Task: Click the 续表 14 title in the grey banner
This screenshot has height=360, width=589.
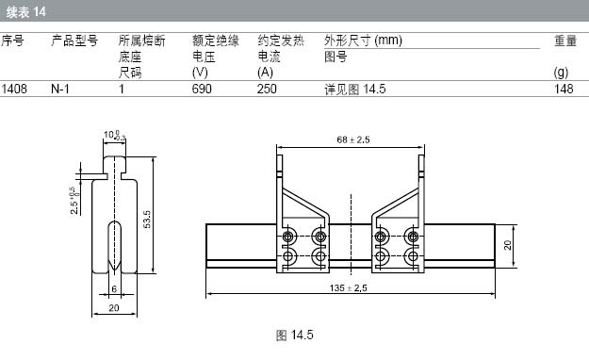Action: pyautogui.click(x=25, y=12)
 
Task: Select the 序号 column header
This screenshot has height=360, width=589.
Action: pyautogui.click(x=12, y=41)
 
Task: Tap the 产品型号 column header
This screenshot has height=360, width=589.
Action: pyautogui.click(x=74, y=41)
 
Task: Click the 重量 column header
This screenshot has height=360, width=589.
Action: pyautogui.click(x=565, y=41)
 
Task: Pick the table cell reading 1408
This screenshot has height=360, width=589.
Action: pyautogui.click(x=14, y=89)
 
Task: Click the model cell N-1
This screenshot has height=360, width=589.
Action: pyautogui.click(x=60, y=89)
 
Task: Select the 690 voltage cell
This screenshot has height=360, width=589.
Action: pyautogui.click(x=202, y=89)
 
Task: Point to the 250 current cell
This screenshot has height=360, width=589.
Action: pyautogui.click(x=267, y=89)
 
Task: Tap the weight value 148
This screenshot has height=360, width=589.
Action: pyautogui.click(x=564, y=89)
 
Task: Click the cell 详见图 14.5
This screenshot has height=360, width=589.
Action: pyautogui.click(x=355, y=90)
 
